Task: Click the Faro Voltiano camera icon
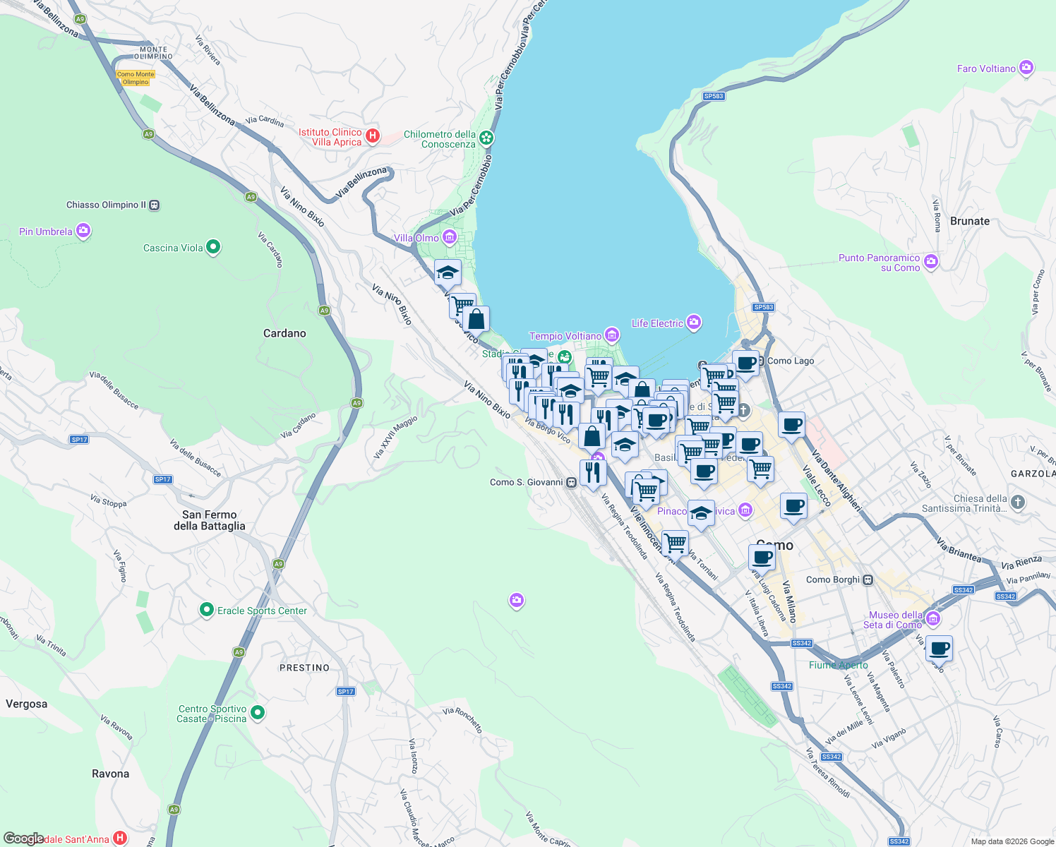[x=1026, y=68]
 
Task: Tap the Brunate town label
[x=969, y=221]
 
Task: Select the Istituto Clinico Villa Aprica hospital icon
[x=373, y=136]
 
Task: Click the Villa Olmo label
[x=416, y=238]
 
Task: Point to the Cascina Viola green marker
[x=213, y=247]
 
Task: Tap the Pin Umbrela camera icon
[x=83, y=231]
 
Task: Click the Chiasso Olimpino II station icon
[x=155, y=205]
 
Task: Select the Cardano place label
[x=284, y=333]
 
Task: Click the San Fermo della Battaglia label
[x=210, y=520]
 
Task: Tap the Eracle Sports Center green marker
[x=206, y=610]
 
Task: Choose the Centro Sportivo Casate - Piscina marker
[x=258, y=713]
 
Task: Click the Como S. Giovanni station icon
[x=571, y=483]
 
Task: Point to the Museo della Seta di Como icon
[x=933, y=619]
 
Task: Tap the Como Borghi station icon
[x=868, y=580]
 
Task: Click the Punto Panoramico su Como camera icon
[x=931, y=262]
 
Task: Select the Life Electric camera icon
[x=694, y=323]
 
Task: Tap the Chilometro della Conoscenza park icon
[x=486, y=138]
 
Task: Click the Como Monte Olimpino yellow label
[x=136, y=78]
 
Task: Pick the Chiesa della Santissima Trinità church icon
[x=1017, y=502]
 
